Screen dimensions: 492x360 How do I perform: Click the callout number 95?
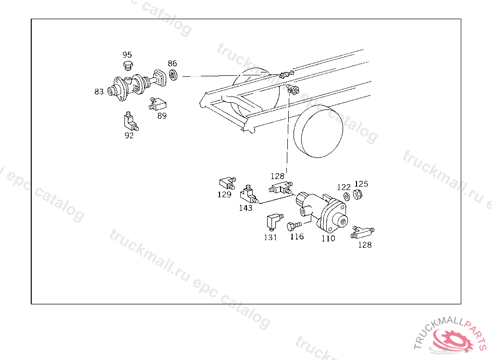[127, 55]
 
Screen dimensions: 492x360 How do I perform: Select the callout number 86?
[172, 63]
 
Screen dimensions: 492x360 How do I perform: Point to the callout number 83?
[99, 92]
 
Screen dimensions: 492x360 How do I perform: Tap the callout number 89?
[162, 116]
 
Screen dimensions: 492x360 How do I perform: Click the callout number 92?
[129, 135]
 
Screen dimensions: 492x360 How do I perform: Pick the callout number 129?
[224, 194]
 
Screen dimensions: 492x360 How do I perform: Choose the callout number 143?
[246, 208]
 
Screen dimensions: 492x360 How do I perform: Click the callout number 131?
[271, 238]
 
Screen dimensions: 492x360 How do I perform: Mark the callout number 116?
[297, 237]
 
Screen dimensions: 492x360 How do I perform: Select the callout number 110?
[328, 239]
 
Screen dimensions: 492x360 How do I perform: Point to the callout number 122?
[344, 187]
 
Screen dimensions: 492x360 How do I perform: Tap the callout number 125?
[361, 184]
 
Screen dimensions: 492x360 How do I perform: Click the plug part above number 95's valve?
[128, 66]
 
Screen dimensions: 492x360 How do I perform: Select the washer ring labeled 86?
[173, 75]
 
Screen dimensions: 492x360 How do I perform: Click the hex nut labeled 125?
[357, 195]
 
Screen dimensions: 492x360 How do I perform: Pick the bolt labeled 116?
[294, 226]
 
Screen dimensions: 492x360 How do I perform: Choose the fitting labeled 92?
[131, 121]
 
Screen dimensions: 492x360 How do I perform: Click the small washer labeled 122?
[347, 197]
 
